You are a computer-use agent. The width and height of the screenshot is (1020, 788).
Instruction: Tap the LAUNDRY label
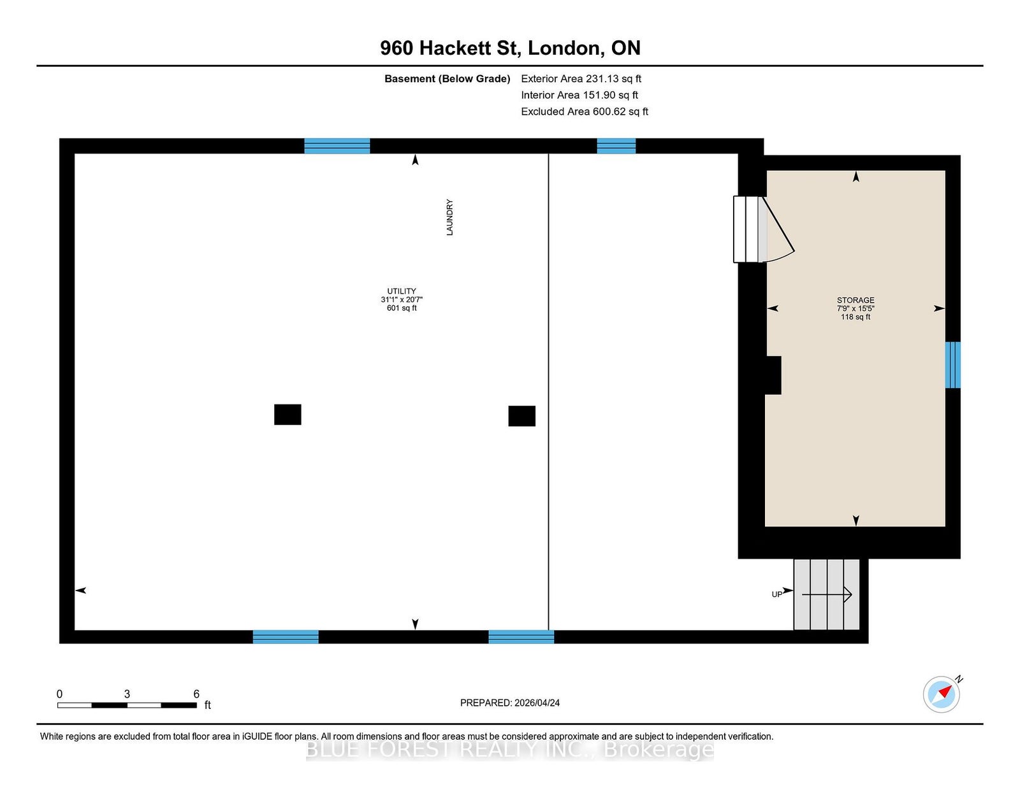click(x=449, y=217)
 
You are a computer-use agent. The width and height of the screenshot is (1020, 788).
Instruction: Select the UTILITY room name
click(x=402, y=291)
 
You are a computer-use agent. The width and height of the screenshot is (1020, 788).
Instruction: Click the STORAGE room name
click(x=856, y=300)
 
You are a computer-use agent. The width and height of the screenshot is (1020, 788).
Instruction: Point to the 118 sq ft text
click(x=856, y=317)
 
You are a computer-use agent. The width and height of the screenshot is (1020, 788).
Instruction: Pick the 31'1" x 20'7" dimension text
click(x=402, y=299)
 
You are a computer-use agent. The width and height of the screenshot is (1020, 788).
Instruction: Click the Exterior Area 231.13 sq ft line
click(x=581, y=79)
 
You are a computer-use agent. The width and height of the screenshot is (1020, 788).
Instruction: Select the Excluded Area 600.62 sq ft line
click(x=585, y=111)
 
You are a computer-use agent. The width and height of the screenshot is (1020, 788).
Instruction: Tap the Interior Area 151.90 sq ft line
click(x=579, y=95)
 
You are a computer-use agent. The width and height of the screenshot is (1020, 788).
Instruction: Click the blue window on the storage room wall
click(x=952, y=365)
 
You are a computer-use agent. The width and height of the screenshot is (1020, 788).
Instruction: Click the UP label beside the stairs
click(x=777, y=594)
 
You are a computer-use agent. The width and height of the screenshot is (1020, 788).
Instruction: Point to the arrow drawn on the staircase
click(x=827, y=595)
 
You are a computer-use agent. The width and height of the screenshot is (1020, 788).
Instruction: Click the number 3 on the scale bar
click(x=127, y=694)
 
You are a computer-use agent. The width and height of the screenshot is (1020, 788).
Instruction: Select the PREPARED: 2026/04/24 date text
click(x=510, y=703)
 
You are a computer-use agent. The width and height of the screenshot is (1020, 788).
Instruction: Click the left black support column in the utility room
click(x=288, y=415)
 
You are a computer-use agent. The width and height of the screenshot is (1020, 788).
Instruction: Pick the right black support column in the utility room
click(x=522, y=416)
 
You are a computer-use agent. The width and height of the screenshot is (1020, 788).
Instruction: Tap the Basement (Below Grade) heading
click(x=448, y=79)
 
